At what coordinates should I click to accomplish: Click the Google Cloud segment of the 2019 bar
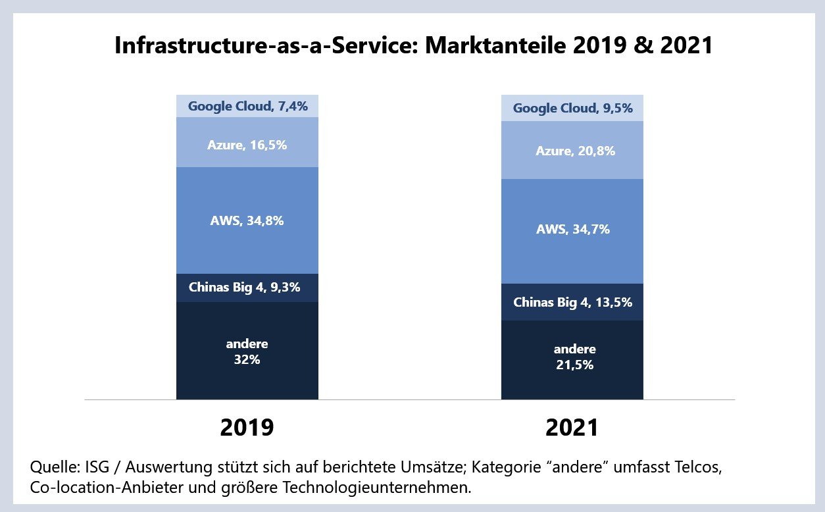[x=247, y=106]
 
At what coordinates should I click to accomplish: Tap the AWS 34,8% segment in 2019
[x=247, y=220]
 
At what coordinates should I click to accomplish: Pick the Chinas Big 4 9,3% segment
[x=247, y=288]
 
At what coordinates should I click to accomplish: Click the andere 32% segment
[x=247, y=351]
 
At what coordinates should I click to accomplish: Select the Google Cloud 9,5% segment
[x=572, y=108]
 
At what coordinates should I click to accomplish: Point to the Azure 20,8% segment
[x=572, y=150]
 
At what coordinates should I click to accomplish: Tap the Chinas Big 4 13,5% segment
[x=572, y=302]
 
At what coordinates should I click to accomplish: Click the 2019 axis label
[x=247, y=428]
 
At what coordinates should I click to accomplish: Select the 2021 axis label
[x=572, y=428]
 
